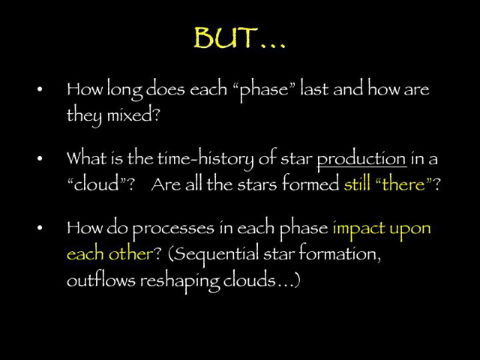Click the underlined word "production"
click(361, 159)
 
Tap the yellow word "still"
click(357, 184)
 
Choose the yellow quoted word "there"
click(404, 184)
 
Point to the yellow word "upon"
click(412, 228)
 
